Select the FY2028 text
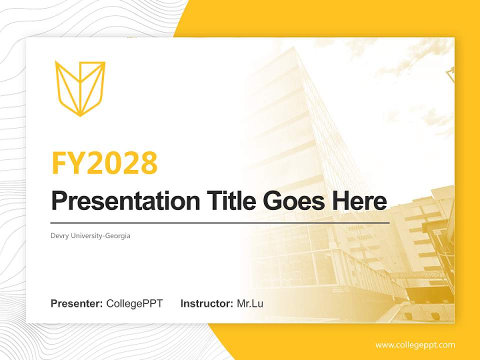point(104,162)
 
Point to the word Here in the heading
point(357,200)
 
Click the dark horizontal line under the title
point(220,222)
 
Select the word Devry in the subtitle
point(60,235)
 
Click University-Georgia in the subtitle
point(100,235)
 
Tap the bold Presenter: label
point(77,303)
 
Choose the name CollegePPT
point(134,303)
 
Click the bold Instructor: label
point(206,303)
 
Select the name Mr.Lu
point(250,303)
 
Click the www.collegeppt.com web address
point(415,345)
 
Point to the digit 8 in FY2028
point(147,162)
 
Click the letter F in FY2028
point(59,162)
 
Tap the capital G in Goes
point(273,200)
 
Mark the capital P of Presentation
point(59,201)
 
